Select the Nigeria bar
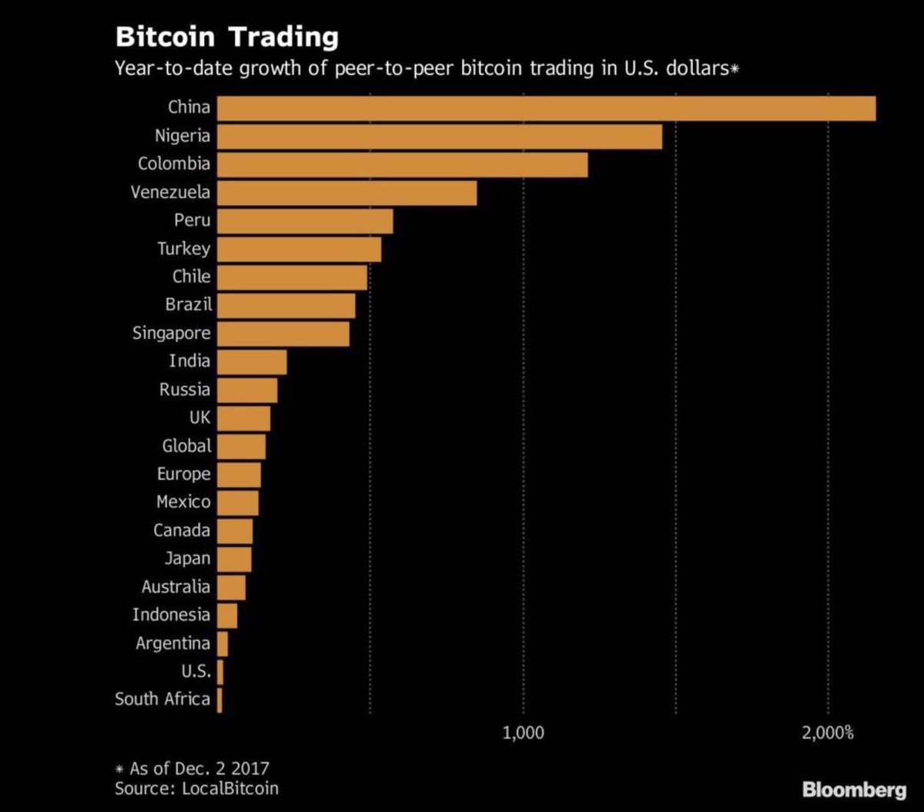(x=439, y=136)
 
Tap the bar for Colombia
(x=402, y=165)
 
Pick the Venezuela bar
(x=346, y=193)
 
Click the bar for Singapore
(x=283, y=334)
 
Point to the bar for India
(x=252, y=361)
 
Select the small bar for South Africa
(x=219, y=700)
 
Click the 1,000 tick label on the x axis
(x=523, y=732)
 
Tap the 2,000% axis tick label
(x=828, y=732)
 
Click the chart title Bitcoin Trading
(x=226, y=37)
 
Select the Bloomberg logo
(x=854, y=790)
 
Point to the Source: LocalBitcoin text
(x=196, y=788)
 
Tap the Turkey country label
(x=183, y=249)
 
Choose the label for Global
(x=186, y=445)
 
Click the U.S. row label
(x=196, y=670)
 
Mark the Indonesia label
(x=171, y=615)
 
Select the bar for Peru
(x=305, y=221)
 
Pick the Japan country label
(x=187, y=558)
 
